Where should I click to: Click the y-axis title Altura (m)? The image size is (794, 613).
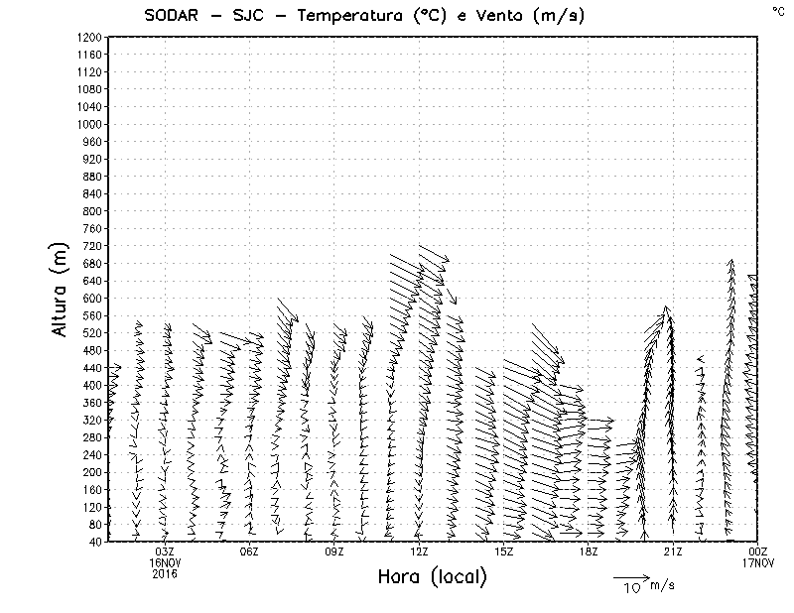coord(62,289)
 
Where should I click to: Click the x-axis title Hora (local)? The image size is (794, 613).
coord(431,577)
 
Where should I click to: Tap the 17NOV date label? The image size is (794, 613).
coord(757,562)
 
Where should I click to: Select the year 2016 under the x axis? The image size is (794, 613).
coord(165,573)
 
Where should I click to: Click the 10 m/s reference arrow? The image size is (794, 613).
coord(630,576)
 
